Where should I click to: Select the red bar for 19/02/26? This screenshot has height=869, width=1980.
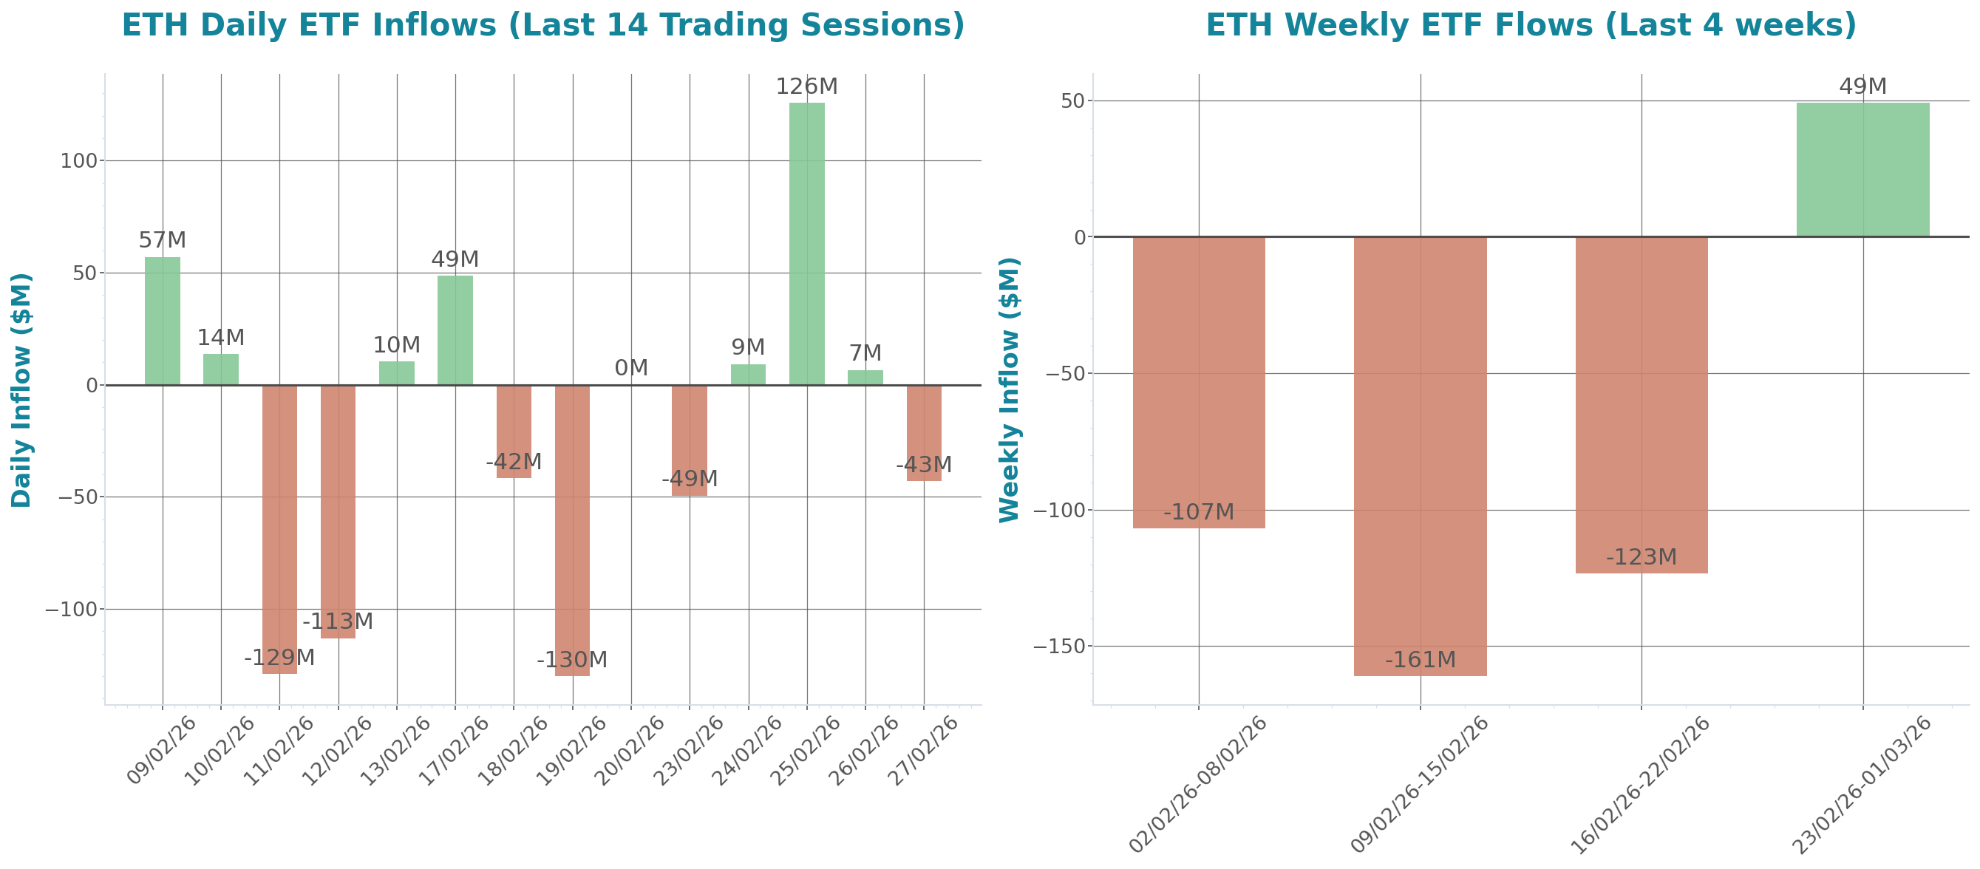572,530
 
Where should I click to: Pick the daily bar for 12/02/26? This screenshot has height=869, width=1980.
338,511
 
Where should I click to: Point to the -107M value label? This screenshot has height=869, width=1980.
1198,511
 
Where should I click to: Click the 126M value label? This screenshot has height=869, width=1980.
806,86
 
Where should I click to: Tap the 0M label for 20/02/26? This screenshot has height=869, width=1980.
631,368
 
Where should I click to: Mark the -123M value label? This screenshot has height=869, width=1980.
1641,557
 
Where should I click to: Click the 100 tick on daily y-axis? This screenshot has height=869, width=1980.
79,161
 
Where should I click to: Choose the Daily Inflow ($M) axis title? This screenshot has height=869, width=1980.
21,389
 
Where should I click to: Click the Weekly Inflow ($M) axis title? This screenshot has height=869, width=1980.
1008,389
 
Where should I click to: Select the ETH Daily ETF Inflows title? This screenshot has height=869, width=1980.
542,25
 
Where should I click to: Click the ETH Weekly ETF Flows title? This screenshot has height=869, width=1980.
1531,25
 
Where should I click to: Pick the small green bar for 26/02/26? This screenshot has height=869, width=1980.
865,378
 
